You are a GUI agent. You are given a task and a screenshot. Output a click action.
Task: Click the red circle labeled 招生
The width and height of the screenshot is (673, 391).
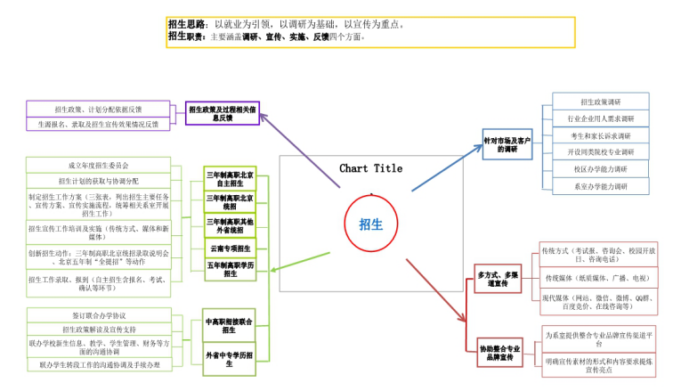370,224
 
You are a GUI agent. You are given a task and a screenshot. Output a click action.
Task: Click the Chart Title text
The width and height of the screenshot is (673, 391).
370,168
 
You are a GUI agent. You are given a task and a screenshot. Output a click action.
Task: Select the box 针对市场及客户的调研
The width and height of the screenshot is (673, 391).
507,144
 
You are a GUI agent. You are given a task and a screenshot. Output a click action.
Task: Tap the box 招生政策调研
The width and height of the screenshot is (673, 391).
601,102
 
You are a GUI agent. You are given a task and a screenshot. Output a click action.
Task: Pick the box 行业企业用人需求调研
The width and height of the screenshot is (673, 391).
601,118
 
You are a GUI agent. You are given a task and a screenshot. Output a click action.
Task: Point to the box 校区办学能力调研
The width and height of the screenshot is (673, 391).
601,169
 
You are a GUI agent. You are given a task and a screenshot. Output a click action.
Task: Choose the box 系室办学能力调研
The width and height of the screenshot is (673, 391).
601,186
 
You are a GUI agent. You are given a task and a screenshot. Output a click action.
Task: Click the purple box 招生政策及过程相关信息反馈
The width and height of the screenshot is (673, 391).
223,113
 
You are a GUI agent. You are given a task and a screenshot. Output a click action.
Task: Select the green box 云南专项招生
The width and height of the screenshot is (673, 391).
230,248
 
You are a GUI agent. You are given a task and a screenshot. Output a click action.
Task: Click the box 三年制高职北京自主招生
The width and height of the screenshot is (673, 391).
230,178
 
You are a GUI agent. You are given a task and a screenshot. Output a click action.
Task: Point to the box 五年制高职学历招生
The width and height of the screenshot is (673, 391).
230,269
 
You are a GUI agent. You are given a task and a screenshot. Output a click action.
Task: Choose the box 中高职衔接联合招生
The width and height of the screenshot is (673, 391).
230,325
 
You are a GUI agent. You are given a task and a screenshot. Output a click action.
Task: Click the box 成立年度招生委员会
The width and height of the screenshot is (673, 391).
98,165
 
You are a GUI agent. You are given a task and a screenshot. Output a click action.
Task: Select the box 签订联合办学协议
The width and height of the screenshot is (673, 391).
98,314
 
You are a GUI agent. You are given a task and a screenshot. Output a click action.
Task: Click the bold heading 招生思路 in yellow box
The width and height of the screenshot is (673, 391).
186,24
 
